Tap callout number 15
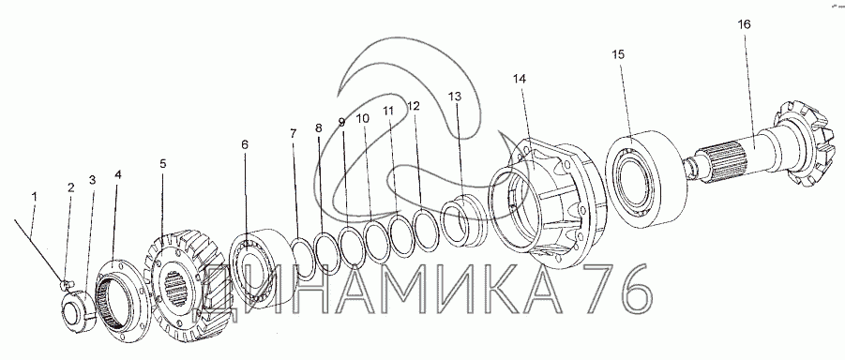click(x=618, y=54)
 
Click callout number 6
click(x=245, y=144)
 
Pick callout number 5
click(x=163, y=163)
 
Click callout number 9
click(x=341, y=122)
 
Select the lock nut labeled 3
click(x=79, y=310)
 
